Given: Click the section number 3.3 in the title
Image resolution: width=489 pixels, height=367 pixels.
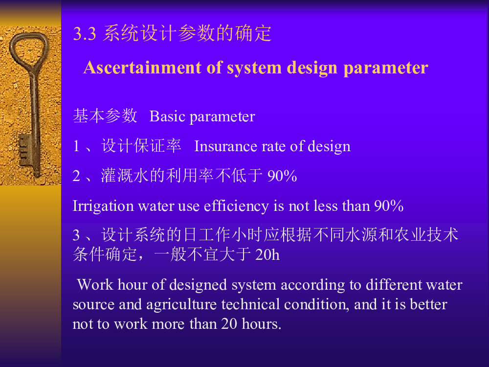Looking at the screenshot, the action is tap(84, 33).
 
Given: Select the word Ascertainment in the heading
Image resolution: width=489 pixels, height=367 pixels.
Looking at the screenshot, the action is tap(142, 68).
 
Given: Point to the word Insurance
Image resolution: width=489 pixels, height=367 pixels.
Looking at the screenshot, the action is tap(225, 146).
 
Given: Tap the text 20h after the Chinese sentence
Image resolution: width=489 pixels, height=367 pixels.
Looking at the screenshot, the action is tap(267, 254).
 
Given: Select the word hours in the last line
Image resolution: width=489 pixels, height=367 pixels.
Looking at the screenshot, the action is tap(262, 323).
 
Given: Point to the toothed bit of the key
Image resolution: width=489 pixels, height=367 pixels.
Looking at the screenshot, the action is tap(25, 150).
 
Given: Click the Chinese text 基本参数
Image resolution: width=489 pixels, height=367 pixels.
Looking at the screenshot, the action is tap(105, 116).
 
